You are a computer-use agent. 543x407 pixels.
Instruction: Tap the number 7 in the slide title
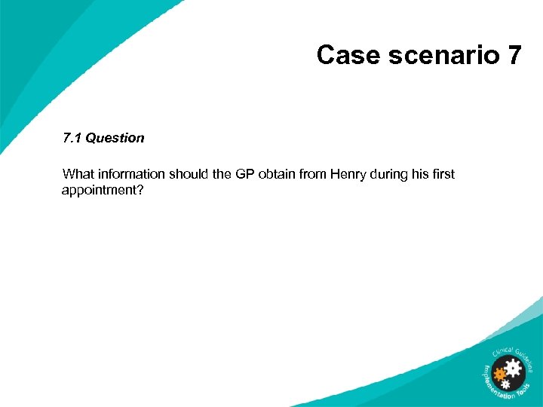tap(512, 55)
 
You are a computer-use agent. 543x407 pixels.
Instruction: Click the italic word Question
tap(115, 138)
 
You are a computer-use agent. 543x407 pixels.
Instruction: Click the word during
tap(391, 174)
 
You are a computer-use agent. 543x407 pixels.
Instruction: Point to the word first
tap(443, 174)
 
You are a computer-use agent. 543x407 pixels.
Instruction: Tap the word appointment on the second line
tap(102, 191)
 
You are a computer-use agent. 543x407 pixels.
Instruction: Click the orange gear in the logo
tap(499, 372)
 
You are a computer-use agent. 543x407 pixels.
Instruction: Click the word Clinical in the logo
tap(502, 350)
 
